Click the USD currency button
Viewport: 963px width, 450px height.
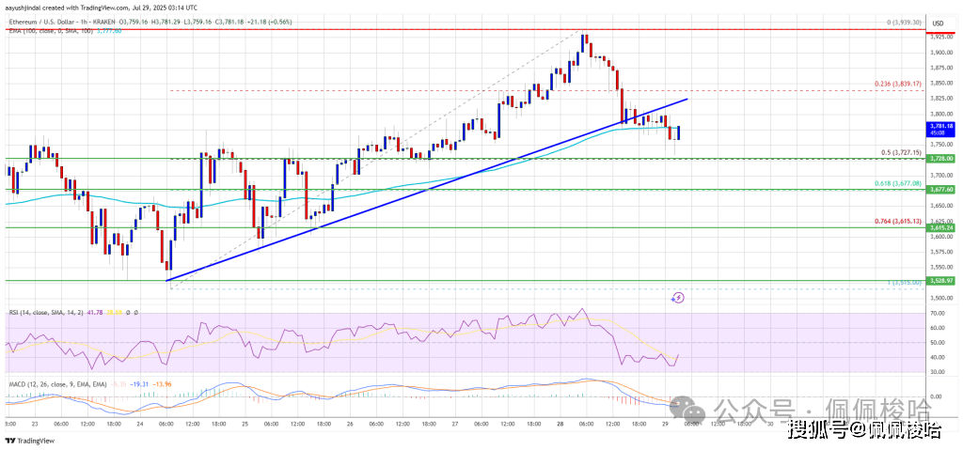click(x=938, y=22)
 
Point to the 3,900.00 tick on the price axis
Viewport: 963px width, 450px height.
click(x=938, y=54)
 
